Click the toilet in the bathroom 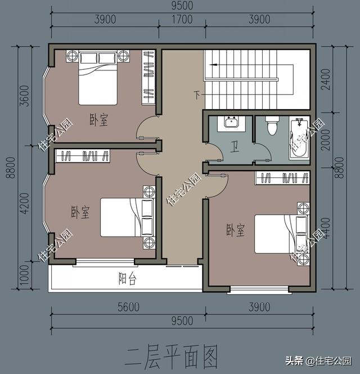tap(272, 126)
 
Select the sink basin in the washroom tap(231, 122)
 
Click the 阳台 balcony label tap(127, 279)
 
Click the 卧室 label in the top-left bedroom tap(99, 120)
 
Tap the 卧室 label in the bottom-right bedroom tap(235, 230)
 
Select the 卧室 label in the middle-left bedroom tap(80, 212)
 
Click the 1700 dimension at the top tap(181, 20)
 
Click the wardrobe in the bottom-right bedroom tap(283, 179)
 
